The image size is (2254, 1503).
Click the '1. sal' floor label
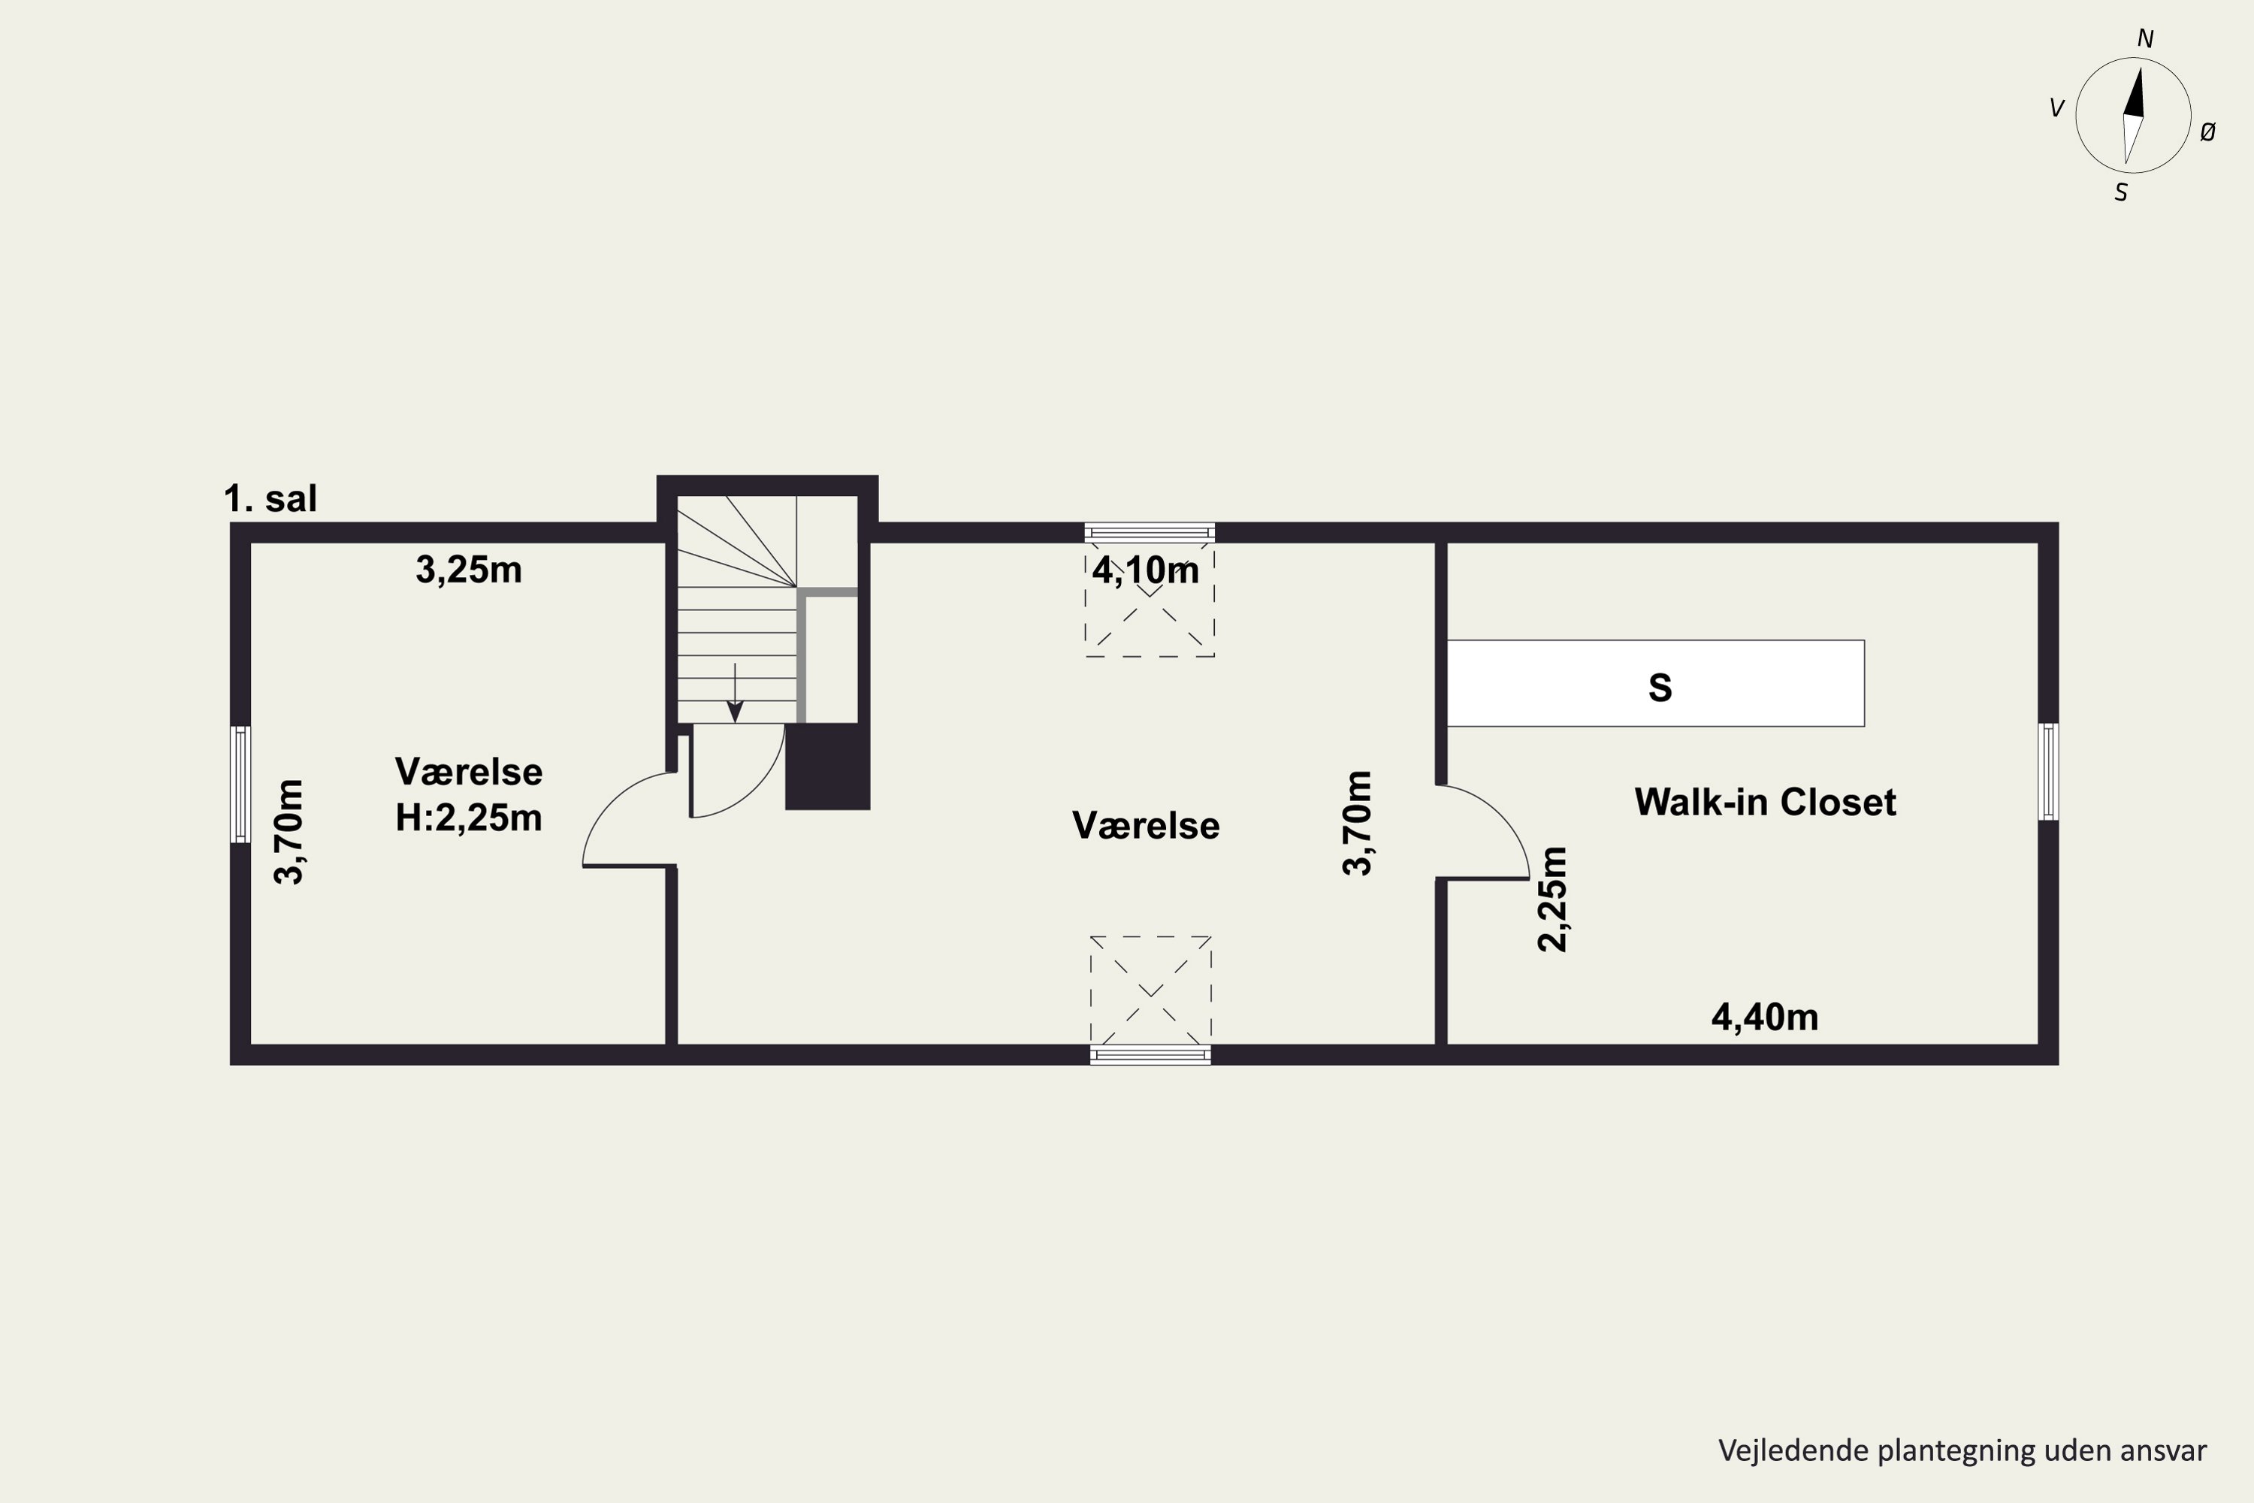click(270, 498)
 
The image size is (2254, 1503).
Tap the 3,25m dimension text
click(469, 570)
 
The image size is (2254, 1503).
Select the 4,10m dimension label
click(1147, 570)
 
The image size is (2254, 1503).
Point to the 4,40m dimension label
click(1765, 1017)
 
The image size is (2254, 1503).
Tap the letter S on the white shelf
click(1660, 688)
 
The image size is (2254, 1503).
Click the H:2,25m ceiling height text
click(469, 818)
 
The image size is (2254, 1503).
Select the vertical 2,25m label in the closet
click(1552, 899)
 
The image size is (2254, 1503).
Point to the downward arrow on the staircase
click(735, 693)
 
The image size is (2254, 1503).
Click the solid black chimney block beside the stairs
click(828, 767)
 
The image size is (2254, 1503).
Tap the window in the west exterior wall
click(240, 784)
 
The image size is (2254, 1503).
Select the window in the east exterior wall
click(2048, 772)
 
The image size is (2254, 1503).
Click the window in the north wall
click(1150, 533)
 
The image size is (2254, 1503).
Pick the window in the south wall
click(1150, 1054)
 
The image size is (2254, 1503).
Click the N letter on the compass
click(2146, 39)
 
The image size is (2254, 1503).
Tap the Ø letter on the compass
click(2208, 133)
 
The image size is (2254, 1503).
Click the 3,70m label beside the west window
click(289, 832)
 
